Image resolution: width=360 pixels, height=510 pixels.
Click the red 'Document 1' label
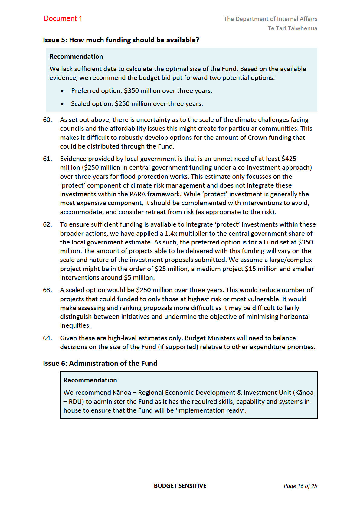click(x=63, y=18)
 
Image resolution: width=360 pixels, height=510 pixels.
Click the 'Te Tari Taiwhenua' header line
click(x=292, y=28)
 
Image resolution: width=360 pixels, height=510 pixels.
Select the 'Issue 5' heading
click(x=121, y=40)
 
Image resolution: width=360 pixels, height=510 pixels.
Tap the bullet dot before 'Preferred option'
click(x=62, y=91)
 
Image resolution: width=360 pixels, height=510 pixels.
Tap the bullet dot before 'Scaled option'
click(x=62, y=104)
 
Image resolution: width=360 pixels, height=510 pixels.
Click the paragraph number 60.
click(x=47, y=120)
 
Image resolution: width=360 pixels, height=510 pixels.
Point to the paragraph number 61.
click(x=47, y=159)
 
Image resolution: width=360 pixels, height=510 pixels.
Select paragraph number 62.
click(x=47, y=224)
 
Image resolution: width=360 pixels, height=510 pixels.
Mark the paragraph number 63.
click(x=47, y=290)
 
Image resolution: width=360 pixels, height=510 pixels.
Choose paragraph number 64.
click(x=47, y=338)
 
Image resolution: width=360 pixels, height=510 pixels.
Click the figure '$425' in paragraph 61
click(x=289, y=159)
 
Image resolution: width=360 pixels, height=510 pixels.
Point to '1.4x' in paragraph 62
click(x=172, y=234)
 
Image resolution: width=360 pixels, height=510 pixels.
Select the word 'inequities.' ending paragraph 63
click(x=75, y=325)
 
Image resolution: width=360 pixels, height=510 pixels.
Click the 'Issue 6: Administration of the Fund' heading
click(x=100, y=363)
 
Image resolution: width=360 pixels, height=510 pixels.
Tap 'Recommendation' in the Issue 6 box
click(x=90, y=380)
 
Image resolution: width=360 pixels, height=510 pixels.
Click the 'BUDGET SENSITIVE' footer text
click(x=180, y=486)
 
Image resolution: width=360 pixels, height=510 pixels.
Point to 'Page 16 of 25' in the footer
click(x=300, y=486)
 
